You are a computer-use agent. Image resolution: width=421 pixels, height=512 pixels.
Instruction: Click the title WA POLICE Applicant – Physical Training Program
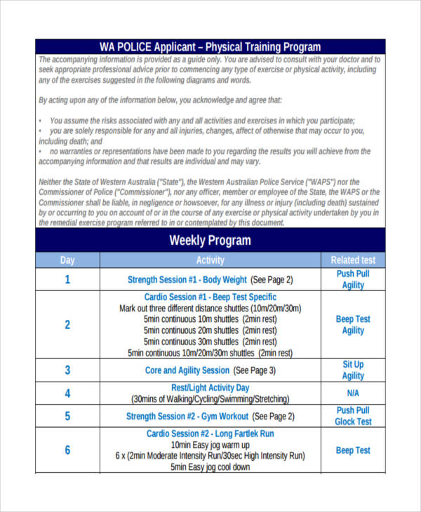coord(210,47)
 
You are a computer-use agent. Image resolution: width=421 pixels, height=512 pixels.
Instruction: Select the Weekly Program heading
coord(210,241)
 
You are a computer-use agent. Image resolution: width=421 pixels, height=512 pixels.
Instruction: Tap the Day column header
coord(67,260)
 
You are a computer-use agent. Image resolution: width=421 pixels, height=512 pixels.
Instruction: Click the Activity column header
coord(210,260)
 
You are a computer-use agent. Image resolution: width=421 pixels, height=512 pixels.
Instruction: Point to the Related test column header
coord(353,260)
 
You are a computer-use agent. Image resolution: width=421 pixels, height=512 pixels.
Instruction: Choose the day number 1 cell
coord(67,279)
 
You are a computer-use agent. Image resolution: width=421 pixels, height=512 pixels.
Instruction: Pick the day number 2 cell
coord(67,325)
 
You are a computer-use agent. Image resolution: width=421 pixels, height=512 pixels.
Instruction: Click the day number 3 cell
coord(67,370)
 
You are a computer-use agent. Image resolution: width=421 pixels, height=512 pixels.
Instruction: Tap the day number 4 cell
coord(67,393)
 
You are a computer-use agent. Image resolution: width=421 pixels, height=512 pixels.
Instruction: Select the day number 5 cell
coord(67,416)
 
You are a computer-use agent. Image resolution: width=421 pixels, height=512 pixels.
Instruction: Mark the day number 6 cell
coord(67,450)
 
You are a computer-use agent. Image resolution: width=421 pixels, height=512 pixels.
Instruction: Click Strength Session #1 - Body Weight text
coord(187,279)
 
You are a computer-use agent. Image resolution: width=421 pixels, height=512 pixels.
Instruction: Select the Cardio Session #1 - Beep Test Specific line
coord(210,297)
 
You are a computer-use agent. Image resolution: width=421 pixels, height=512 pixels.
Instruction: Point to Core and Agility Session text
coord(187,370)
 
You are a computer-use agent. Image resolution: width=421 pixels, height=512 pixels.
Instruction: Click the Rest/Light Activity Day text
coord(210,387)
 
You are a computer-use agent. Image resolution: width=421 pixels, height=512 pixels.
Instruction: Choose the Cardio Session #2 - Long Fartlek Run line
coord(210,433)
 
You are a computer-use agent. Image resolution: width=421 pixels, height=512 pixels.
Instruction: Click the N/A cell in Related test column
coord(353,393)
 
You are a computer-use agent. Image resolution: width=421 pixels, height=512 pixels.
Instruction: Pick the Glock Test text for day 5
coord(353,422)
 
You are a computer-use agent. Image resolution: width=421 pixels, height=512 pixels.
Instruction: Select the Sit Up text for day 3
coord(353,365)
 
